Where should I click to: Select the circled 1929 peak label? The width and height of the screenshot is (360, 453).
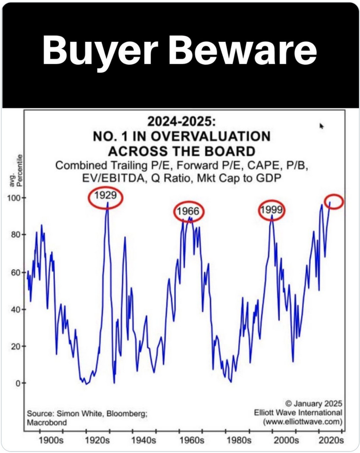tap(106, 197)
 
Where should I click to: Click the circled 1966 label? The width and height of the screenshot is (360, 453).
tap(189, 212)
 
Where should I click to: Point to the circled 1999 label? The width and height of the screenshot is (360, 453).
tap(272, 210)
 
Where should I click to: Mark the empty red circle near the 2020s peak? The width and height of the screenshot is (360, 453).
tap(334, 201)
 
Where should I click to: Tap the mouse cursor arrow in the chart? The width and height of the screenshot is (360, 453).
tap(322, 126)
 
